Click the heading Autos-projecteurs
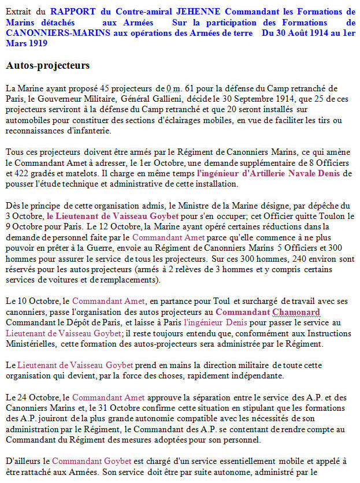48,65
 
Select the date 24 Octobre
40,397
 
